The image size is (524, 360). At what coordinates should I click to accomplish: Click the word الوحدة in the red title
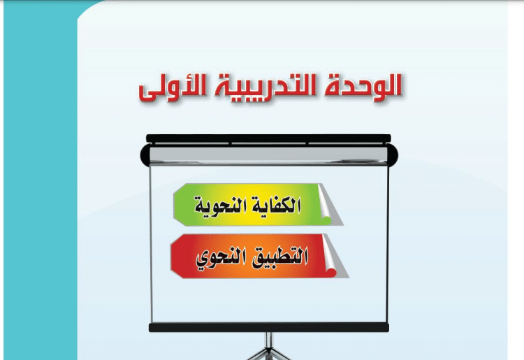click(362, 87)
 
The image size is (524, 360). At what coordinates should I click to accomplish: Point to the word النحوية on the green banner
click(218, 205)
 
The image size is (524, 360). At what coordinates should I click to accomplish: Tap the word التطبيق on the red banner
click(279, 257)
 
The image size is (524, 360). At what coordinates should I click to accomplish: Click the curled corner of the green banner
click(329, 207)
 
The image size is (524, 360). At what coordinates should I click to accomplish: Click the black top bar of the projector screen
click(268, 138)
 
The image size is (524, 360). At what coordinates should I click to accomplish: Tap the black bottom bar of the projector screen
click(269, 328)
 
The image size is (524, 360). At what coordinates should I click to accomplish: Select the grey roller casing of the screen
click(269, 155)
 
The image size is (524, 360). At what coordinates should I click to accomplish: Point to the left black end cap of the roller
click(145, 155)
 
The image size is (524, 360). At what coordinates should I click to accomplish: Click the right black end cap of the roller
click(393, 155)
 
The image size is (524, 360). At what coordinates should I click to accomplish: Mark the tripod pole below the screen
click(269, 343)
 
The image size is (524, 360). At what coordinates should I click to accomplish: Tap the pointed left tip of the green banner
click(174, 204)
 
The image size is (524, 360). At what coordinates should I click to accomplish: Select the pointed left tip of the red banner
click(171, 256)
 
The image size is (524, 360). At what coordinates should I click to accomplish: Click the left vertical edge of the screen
click(151, 244)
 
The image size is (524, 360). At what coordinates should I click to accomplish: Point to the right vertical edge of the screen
click(388, 244)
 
